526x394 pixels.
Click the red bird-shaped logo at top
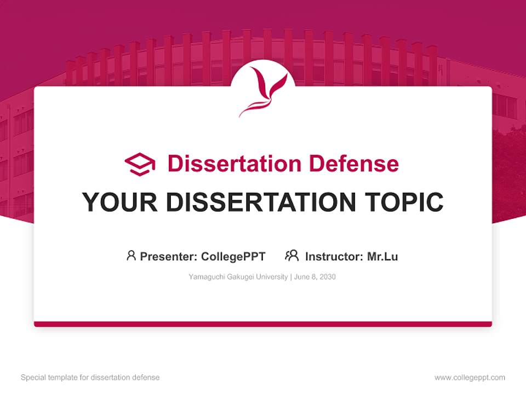click(x=263, y=91)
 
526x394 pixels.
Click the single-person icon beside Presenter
click(x=131, y=256)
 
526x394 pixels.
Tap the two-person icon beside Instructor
click(x=291, y=256)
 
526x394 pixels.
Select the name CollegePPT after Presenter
click(x=233, y=256)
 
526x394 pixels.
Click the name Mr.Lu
click(x=382, y=256)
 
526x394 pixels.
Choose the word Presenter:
click(x=169, y=256)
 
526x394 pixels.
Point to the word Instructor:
click(x=334, y=256)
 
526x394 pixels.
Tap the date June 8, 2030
click(x=315, y=277)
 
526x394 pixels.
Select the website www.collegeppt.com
click(x=470, y=378)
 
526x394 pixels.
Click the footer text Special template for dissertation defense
click(x=90, y=378)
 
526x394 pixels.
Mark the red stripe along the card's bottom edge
click(x=263, y=324)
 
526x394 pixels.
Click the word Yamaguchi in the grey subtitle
click(x=206, y=277)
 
